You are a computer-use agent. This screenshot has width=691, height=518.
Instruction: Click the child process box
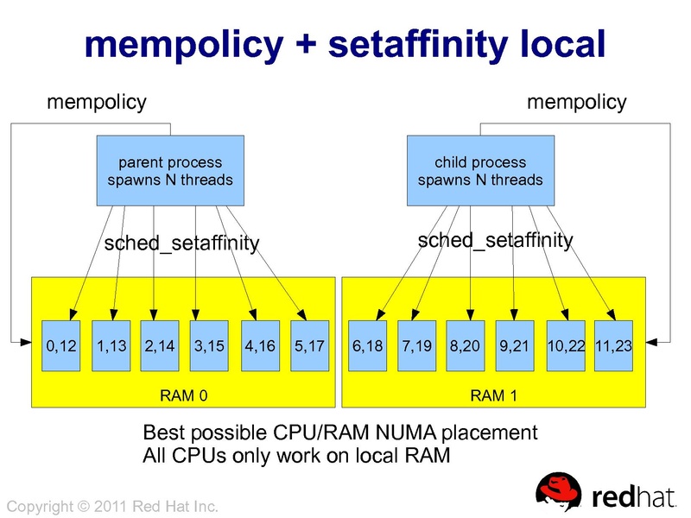click(480, 171)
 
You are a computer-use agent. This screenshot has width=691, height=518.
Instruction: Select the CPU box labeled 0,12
click(61, 346)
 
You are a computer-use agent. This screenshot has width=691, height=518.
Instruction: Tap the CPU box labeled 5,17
click(308, 346)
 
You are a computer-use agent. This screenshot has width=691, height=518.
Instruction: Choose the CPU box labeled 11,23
click(614, 346)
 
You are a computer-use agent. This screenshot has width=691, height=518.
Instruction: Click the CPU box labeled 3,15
click(209, 346)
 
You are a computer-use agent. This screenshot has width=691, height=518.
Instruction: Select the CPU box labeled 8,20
click(466, 346)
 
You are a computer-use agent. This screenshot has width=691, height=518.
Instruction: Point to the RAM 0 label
click(184, 396)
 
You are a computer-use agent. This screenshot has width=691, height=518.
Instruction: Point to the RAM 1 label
click(494, 396)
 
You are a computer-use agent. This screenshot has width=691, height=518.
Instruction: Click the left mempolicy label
click(96, 103)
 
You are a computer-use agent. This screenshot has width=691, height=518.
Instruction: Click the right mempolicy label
click(576, 103)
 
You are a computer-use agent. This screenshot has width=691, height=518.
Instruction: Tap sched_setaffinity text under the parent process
click(181, 243)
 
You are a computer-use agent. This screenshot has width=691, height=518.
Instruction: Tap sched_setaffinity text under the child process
click(495, 240)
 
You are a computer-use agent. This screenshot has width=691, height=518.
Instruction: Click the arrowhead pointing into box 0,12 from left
click(37, 343)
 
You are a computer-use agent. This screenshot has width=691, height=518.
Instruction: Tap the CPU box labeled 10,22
click(567, 346)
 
